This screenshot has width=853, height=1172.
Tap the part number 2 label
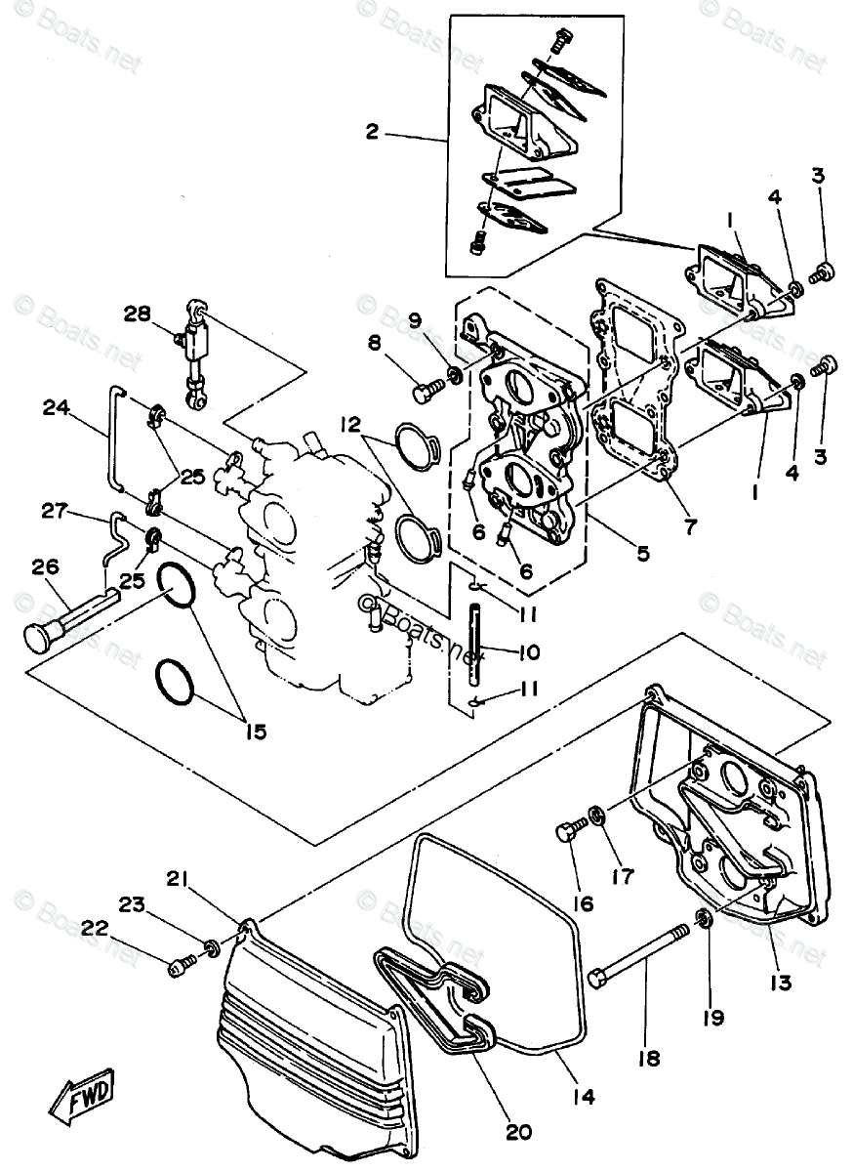tap(372, 132)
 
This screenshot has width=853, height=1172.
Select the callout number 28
tap(138, 313)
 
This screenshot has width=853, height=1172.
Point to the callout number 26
tap(45, 565)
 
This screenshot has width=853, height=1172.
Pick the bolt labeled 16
tap(569, 833)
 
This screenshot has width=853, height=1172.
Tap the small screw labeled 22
tap(182, 966)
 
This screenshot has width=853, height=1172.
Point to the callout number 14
tap(585, 1096)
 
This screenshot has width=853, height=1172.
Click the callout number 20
tap(518, 1132)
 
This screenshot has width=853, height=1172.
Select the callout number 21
tap(177, 881)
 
